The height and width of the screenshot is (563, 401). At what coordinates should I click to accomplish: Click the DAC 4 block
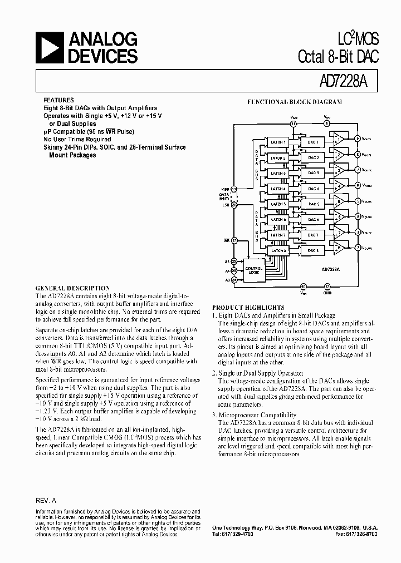(313, 189)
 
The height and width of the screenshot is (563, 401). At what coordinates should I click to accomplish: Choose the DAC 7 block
(313, 235)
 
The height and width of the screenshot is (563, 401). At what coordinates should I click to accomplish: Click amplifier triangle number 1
(338, 140)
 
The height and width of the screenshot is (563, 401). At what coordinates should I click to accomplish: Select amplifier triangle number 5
(338, 201)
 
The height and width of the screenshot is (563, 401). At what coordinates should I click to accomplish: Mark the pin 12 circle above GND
(327, 287)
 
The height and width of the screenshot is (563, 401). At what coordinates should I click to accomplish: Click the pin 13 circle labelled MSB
(234, 189)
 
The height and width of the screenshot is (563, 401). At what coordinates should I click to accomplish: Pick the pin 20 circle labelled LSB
(234, 205)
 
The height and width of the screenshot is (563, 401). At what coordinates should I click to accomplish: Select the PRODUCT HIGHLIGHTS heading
(248, 307)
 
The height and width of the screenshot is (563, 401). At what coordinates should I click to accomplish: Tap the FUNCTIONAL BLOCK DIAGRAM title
(295, 102)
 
